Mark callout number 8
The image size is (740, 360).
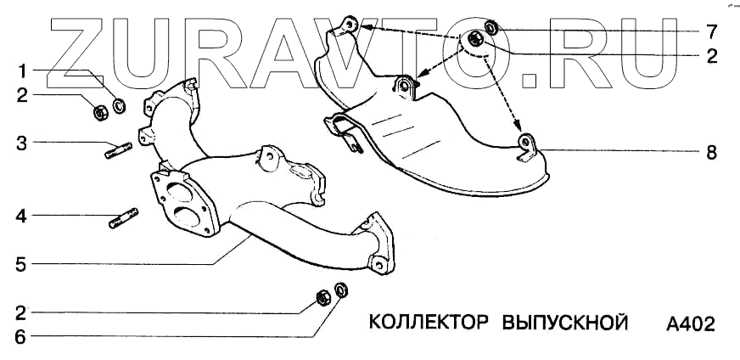pos(711,154)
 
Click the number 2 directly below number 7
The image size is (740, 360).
pos(711,57)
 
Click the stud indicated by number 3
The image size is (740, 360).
pos(116,153)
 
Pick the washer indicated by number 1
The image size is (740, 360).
pos(120,106)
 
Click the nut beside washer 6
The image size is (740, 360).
pos(322,297)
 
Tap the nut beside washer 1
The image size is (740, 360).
pos(98,109)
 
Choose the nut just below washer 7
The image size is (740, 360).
pos(476,39)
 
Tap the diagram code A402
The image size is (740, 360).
pos(691,324)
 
